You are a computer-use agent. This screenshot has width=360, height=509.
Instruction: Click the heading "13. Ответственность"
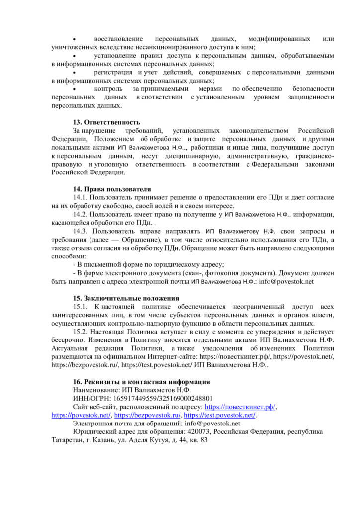click(x=106, y=122)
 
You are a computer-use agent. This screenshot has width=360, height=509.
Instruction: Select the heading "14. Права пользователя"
click(x=111, y=189)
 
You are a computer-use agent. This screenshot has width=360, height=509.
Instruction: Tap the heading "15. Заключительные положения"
click(x=126, y=298)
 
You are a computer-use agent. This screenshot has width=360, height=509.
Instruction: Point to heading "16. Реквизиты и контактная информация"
click(x=141, y=382)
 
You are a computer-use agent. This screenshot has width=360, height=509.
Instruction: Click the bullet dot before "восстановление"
click(x=75, y=39)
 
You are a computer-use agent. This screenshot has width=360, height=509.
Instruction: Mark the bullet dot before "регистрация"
click(x=75, y=72)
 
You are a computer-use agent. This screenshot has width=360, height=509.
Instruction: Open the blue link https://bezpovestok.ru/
click(x=148, y=415)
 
